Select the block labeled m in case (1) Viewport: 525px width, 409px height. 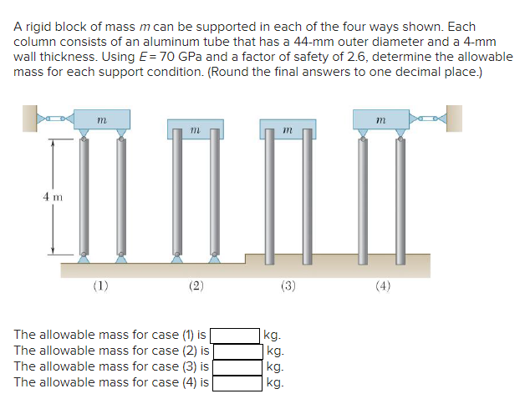[x=101, y=121]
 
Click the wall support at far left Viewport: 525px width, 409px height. [x=32, y=119]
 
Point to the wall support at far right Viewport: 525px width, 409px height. [x=456, y=119]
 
